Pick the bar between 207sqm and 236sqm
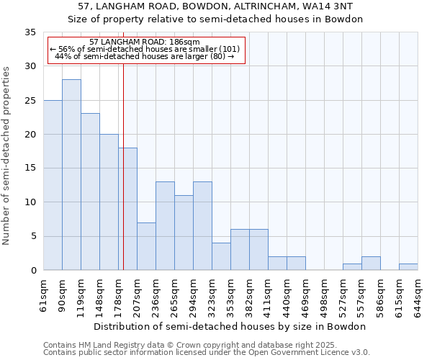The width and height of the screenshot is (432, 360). point(146,246)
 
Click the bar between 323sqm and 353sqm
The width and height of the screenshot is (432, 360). point(221,256)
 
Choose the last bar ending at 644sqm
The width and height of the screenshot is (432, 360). point(408,266)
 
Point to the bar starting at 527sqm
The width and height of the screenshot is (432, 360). point(352,266)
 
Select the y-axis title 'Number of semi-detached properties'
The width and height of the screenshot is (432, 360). point(7,156)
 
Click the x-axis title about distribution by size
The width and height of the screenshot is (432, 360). point(230,326)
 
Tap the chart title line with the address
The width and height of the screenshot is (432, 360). point(215,6)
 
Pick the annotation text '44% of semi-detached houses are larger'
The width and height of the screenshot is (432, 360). point(144,56)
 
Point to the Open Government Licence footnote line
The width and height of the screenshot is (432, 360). point(206,352)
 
